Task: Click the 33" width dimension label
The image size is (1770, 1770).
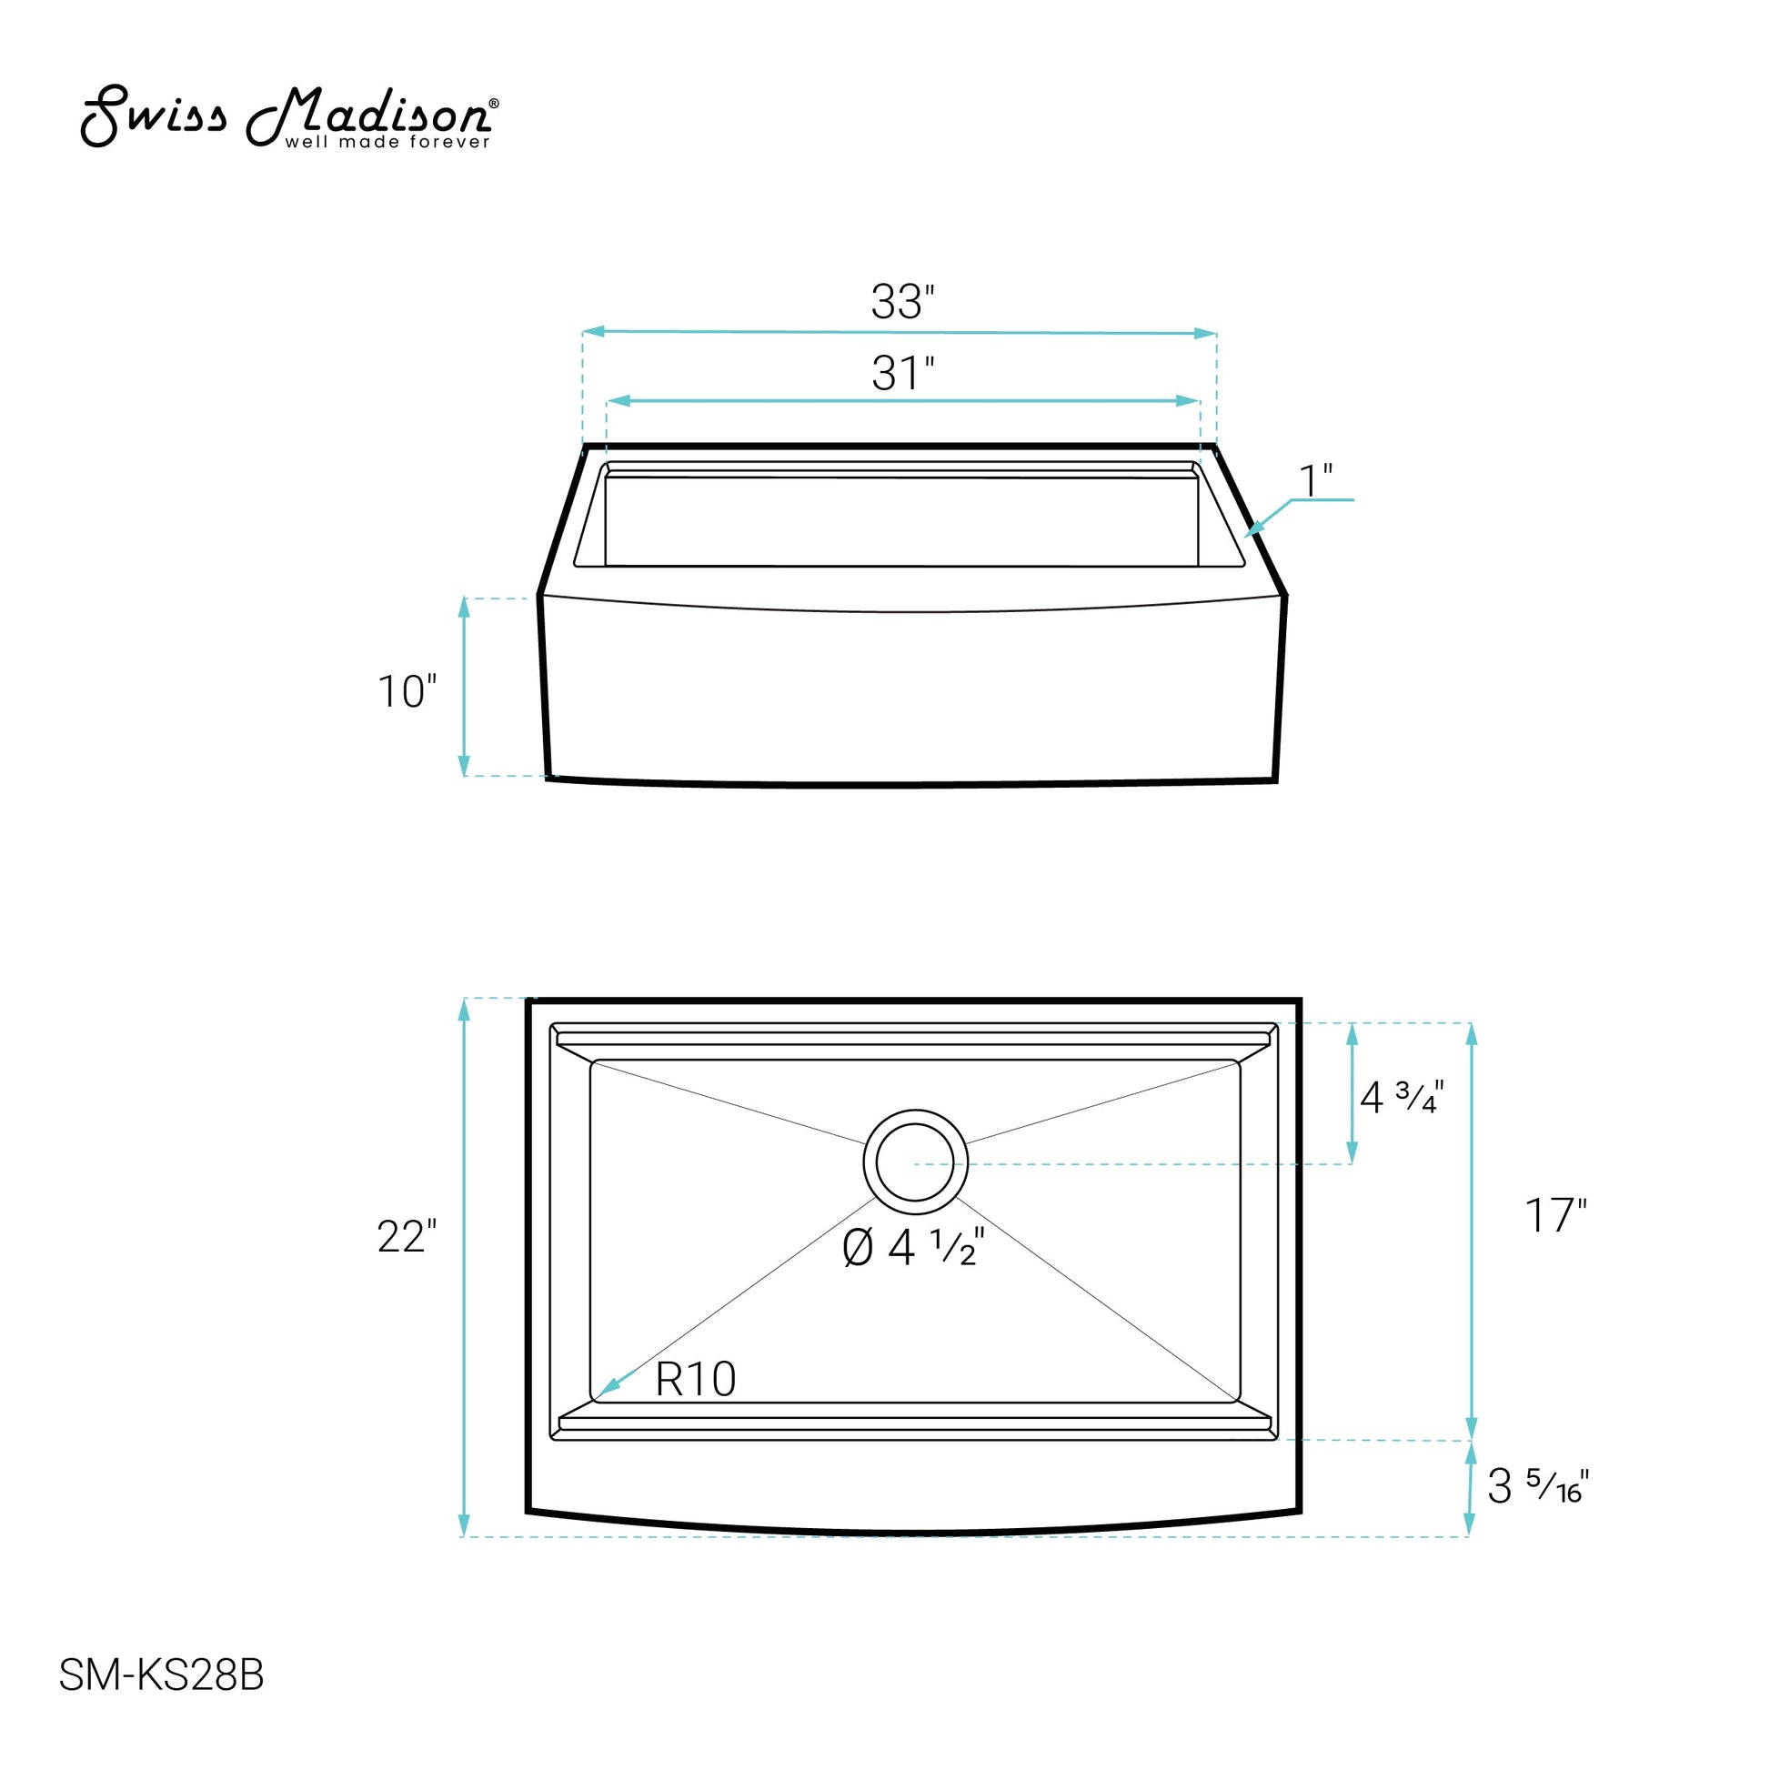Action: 902,301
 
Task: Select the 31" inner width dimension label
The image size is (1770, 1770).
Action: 902,373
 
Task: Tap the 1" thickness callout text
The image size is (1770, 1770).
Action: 1315,481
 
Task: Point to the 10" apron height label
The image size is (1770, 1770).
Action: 407,691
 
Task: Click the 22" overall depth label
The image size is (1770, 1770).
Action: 407,1237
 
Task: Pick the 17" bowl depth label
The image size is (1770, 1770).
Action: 1555,1216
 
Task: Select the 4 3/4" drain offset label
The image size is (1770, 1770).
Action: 1402,1097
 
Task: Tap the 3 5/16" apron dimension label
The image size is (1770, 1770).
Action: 1538,1486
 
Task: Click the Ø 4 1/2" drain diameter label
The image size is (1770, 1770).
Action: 913,1248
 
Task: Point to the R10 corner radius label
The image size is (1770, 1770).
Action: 695,1379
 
